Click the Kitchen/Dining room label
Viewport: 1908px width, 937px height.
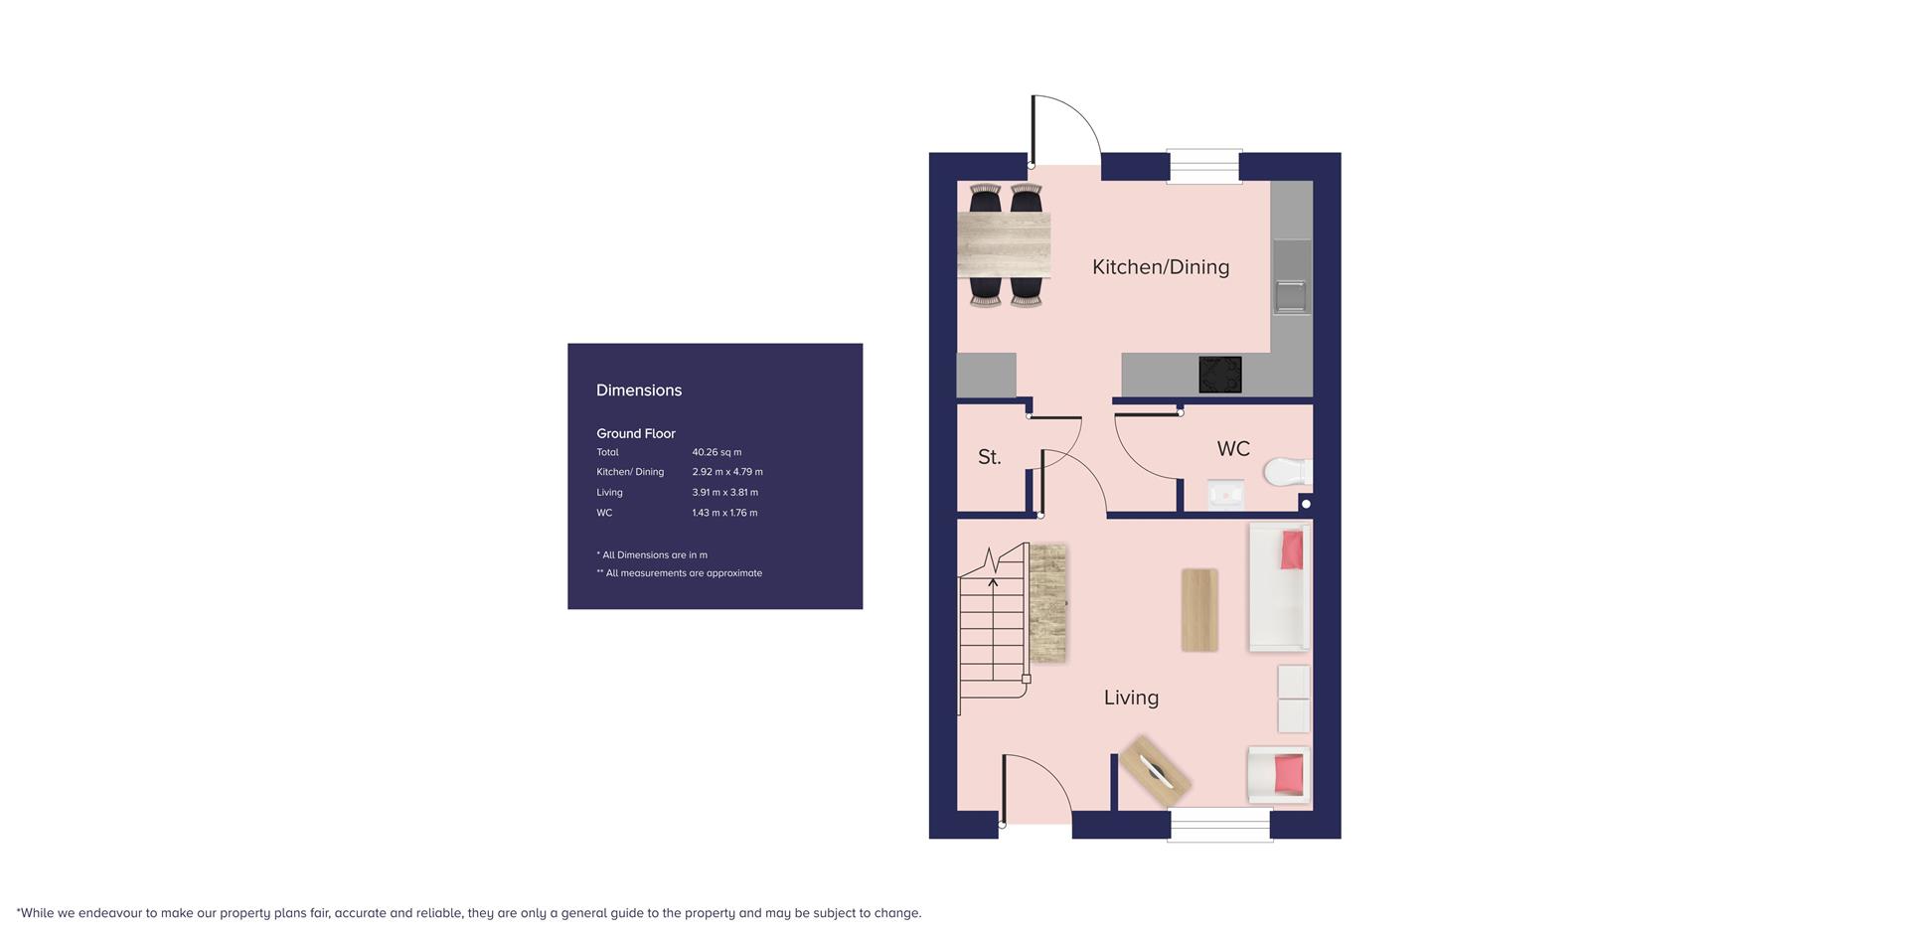(x=1161, y=267)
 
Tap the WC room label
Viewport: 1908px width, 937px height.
(x=1233, y=449)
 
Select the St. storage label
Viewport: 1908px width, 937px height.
(x=989, y=457)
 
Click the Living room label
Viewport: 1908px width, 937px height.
(x=1131, y=698)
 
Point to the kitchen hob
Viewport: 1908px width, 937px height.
(x=1220, y=375)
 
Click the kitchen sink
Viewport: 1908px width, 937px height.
(x=1291, y=295)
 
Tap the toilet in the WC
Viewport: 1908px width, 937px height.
(x=1288, y=471)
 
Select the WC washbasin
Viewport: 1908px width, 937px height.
(x=1225, y=493)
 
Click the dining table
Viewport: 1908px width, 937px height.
(x=1004, y=245)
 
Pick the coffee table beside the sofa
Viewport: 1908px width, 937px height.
(x=1199, y=610)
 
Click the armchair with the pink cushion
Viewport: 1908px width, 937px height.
(x=1279, y=775)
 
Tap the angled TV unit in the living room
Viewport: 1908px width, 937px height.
(x=1155, y=771)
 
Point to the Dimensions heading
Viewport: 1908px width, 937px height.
(x=639, y=390)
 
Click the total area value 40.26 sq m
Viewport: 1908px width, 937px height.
(x=716, y=452)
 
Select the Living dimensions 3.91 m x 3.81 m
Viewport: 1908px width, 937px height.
(x=725, y=493)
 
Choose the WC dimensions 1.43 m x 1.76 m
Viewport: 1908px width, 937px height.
(x=724, y=513)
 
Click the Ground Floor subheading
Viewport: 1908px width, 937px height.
(x=636, y=433)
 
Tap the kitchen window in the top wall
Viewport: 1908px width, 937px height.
(x=1204, y=166)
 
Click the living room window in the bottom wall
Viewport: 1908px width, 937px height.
(x=1220, y=825)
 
